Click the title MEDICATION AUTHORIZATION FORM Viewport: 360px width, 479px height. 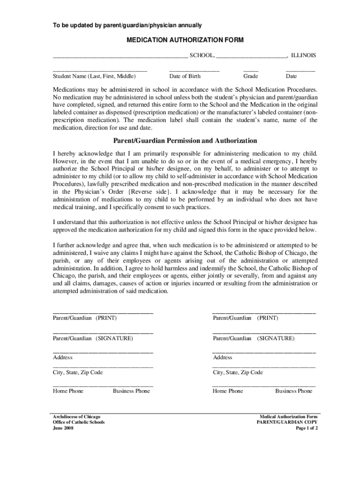coord(185,40)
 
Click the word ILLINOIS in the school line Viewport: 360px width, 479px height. coord(303,55)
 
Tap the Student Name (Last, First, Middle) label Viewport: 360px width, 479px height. coord(94,76)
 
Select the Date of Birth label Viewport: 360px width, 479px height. coord(185,76)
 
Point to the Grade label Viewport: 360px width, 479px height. coord(251,76)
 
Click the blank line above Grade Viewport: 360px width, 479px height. coord(251,70)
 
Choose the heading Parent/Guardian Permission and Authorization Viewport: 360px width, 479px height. coord(185,140)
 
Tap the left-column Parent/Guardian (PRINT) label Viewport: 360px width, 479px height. coord(85,318)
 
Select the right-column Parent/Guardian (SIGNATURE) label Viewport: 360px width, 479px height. coord(254,338)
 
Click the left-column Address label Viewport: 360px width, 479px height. coord(63,357)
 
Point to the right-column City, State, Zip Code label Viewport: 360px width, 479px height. coord(238,372)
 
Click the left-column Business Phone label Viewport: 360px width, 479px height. coord(131,391)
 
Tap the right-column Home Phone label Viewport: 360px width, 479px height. coord(228,391)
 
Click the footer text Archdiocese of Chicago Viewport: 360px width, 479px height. coord(76,416)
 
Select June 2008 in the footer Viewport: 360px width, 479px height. coord(63,428)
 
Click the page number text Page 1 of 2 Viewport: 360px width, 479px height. coord(307,428)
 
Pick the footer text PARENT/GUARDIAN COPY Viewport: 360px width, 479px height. coord(287,422)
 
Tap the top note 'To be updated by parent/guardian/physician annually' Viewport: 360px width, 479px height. coord(127,24)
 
